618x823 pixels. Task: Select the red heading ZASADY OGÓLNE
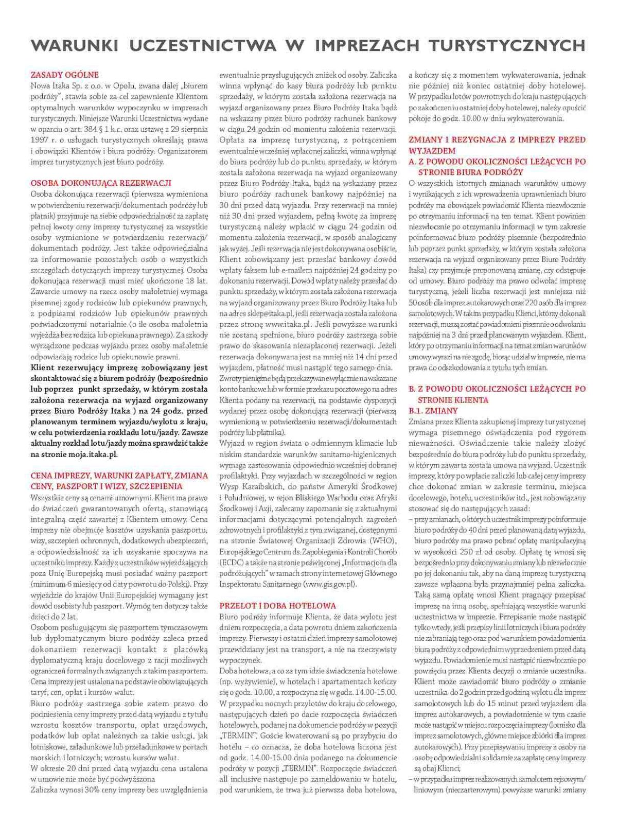click(x=64, y=75)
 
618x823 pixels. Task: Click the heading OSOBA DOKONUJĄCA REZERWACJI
click(x=101, y=183)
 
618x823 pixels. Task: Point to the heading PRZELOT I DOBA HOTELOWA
click(x=277, y=606)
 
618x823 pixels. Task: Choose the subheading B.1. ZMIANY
click(x=433, y=410)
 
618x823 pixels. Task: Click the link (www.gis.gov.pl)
click(x=329, y=584)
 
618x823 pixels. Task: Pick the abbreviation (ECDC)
click(x=233, y=562)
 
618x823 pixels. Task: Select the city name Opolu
click(x=123, y=85)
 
